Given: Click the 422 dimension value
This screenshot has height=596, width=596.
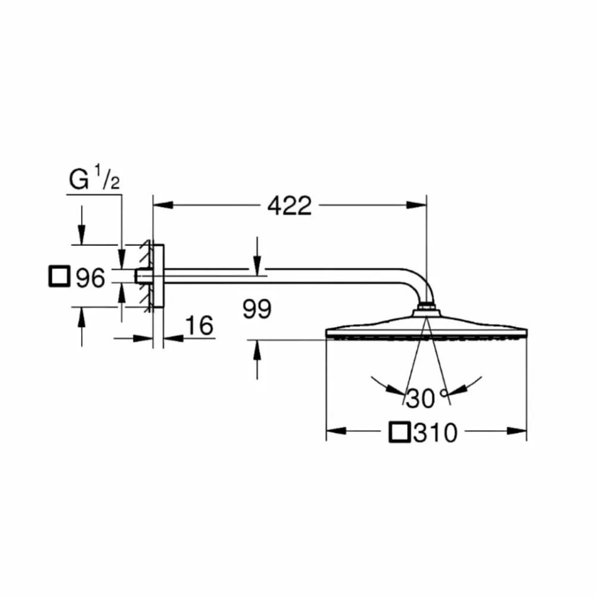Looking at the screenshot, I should [289, 206].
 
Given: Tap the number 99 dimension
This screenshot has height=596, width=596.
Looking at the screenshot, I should [257, 309].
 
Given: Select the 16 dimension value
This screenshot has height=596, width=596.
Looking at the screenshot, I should [199, 327].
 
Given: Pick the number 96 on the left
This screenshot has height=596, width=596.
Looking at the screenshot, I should [90, 278].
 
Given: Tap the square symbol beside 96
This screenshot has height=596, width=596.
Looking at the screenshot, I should [60, 278].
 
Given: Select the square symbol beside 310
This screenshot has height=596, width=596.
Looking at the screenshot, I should [399, 432].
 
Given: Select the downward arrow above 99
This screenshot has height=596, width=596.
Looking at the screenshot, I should [256, 268].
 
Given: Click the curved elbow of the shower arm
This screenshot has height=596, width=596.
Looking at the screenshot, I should [421, 285].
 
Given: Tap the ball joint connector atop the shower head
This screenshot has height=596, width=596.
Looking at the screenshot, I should [426, 308].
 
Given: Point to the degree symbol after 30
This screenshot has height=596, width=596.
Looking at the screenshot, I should [443, 392].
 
